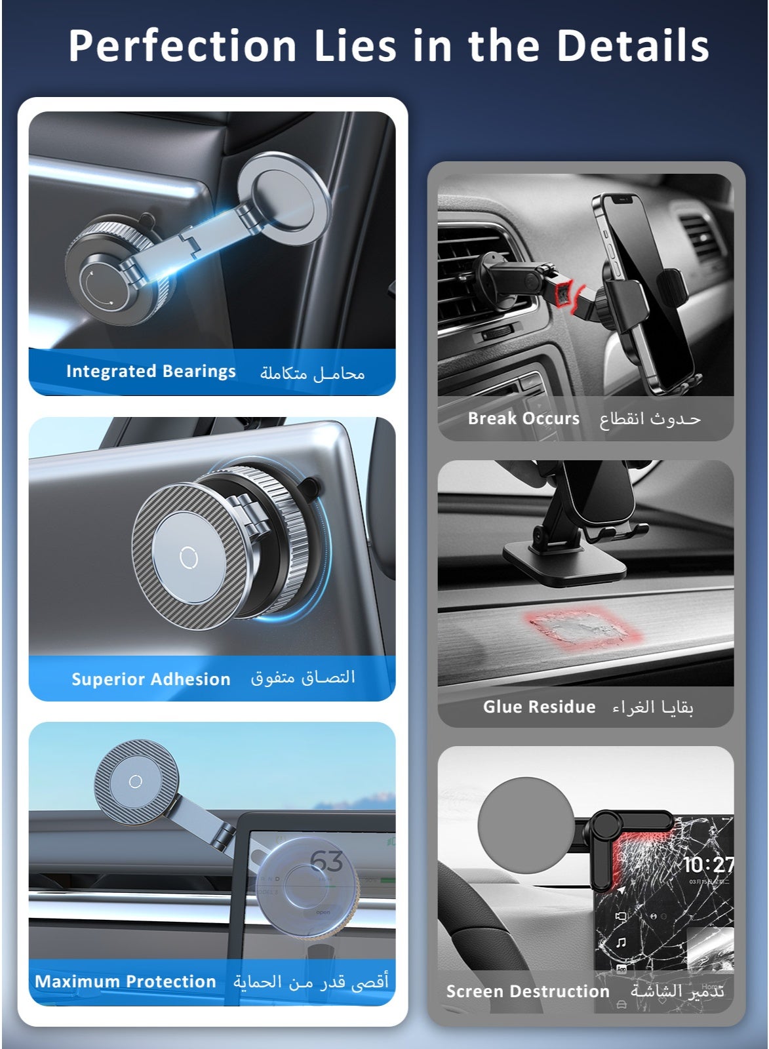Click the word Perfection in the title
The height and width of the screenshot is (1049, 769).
[x=182, y=45]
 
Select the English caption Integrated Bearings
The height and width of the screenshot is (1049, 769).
[x=151, y=371]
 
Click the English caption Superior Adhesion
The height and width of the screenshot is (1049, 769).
[x=151, y=679]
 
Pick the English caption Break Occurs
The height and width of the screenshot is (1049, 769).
[x=524, y=418]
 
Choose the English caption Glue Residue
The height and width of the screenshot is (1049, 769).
[x=539, y=707]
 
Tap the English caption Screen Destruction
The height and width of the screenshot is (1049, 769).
[x=528, y=991]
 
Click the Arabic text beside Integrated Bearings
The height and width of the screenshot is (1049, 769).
[x=312, y=373]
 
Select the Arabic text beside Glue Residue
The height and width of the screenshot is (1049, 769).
[x=652, y=707]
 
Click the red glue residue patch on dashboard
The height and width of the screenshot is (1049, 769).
[x=583, y=627]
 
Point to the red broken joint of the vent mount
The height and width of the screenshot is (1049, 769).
[x=566, y=294]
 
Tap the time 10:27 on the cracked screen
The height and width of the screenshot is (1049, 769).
[x=707, y=865]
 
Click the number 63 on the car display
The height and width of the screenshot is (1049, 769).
[x=326, y=861]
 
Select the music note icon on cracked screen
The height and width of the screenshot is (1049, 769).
[x=621, y=941]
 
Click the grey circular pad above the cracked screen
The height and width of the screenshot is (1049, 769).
[x=526, y=825]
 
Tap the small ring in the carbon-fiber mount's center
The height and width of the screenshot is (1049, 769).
[x=188, y=557]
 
